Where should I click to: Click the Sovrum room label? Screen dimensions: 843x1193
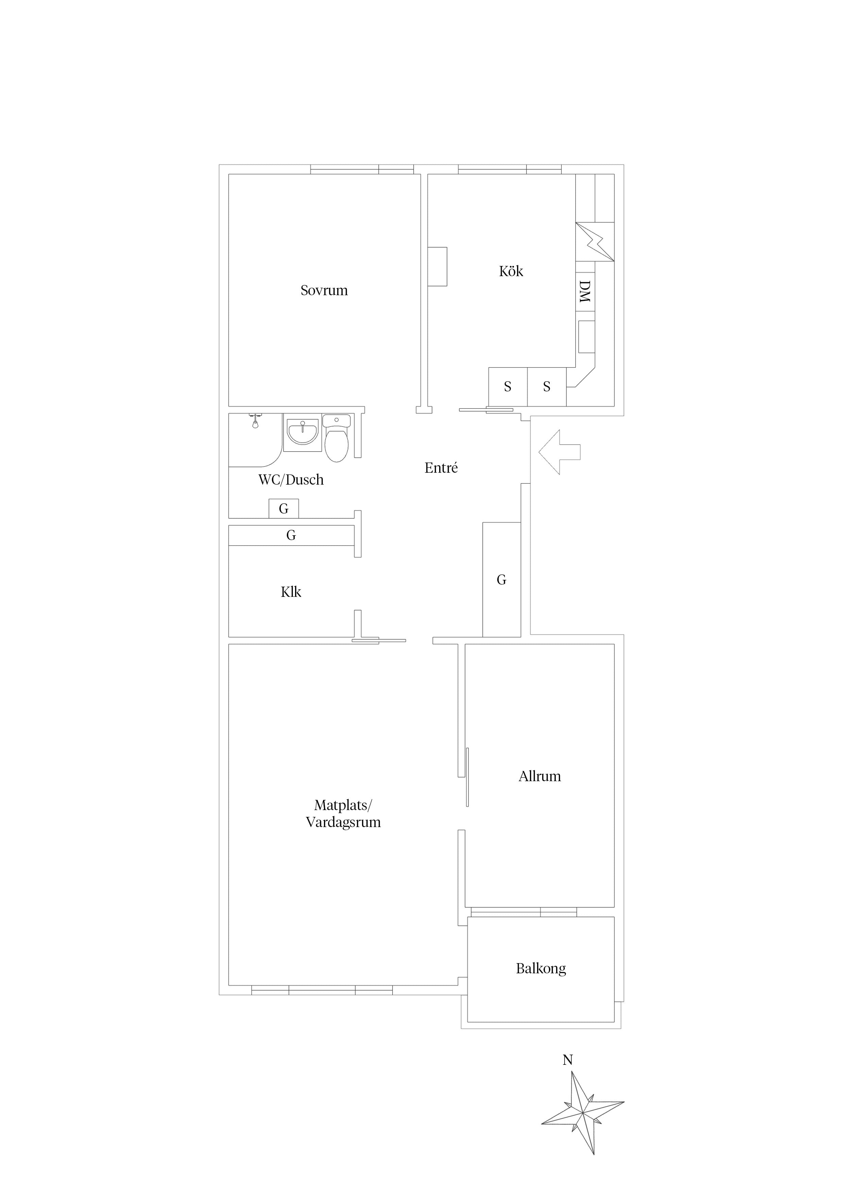coord(324,290)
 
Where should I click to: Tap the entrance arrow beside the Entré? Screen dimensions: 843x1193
coord(560,452)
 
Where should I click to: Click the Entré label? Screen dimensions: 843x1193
coord(441,468)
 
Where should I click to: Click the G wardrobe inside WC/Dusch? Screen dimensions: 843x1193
coord(283,509)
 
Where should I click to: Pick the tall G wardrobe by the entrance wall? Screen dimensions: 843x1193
coord(501,579)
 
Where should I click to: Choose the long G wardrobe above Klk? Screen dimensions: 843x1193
coord(291,535)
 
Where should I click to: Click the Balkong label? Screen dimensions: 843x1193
coord(541,969)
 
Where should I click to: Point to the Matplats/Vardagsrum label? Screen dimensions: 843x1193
coord(343,814)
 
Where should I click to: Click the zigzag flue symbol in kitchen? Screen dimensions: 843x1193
coord(595,241)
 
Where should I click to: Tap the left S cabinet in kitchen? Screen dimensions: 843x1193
coord(508,387)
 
